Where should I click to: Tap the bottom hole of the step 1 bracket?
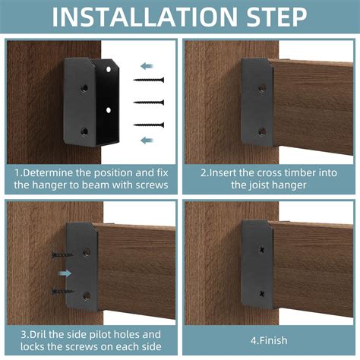pyautogui.click(x=84, y=131)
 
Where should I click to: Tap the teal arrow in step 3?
pyautogui.click(x=66, y=273)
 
